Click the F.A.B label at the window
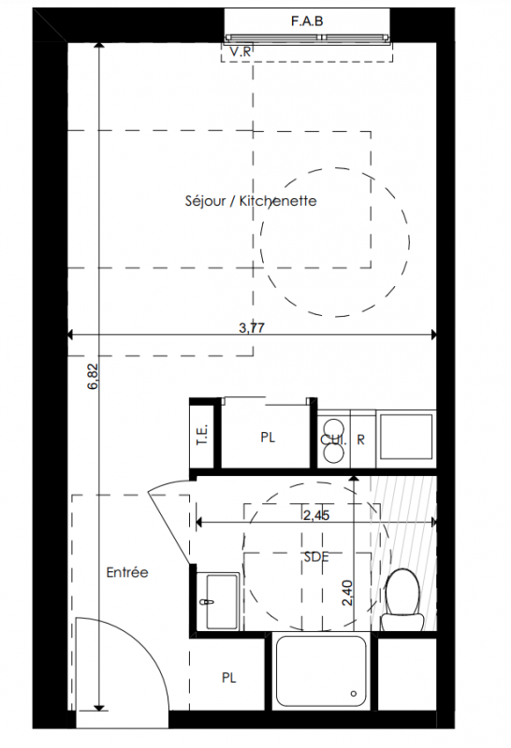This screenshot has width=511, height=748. coord(307,22)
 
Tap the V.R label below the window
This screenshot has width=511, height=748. coord(241,51)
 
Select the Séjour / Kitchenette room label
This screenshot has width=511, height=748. coord(251,201)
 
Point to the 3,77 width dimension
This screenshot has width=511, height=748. coord(252,328)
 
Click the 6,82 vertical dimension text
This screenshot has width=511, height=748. coord(94,377)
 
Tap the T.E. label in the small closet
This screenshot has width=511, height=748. coord(202,435)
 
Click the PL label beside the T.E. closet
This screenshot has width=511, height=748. coord(268,438)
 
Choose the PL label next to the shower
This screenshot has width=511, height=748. coord(229,678)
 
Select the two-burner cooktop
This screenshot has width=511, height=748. coord(333,439)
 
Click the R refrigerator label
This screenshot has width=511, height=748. coord(361,439)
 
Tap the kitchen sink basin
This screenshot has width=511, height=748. coord(406,437)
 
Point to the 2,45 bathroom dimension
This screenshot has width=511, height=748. coord(316,515)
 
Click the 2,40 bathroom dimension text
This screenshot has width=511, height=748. coord(347,593)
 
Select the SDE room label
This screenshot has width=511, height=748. coord(316,556)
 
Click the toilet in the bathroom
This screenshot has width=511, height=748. coord(402,599)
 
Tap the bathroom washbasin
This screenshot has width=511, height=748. coord(218,601)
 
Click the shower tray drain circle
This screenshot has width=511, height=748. coord(354,693)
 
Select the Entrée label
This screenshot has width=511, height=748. coord(127,572)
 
